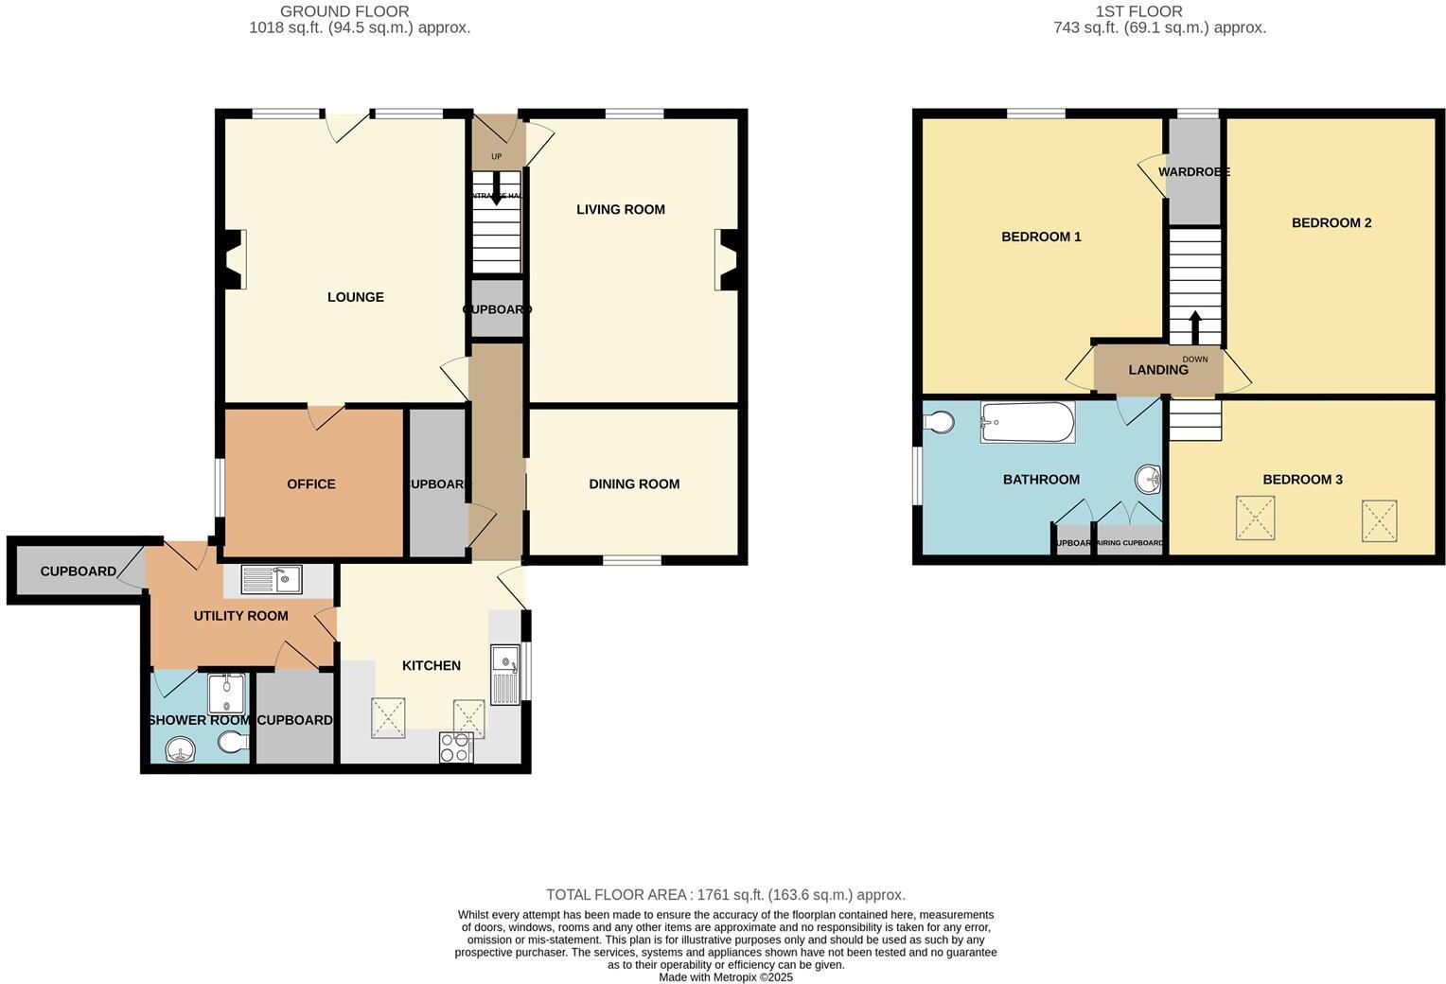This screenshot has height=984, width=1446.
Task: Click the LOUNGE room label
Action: [355, 297]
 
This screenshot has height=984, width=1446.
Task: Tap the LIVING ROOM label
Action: [621, 209]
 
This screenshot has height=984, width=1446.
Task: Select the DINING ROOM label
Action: [634, 483]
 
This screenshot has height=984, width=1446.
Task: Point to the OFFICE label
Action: [311, 483]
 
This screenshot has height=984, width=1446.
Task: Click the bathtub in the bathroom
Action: [1027, 422]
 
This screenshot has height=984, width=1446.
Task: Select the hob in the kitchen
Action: [455, 747]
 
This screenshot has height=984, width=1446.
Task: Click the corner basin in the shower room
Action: [179, 751]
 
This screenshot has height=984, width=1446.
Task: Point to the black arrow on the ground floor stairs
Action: [496, 192]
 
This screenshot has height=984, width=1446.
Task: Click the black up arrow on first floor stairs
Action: [1194, 327]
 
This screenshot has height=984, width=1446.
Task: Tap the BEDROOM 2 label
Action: [1331, 222]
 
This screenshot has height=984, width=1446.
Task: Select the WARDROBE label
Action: [1193, 172]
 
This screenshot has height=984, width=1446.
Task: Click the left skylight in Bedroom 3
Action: [1255, 518]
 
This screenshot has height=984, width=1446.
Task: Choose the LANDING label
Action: [1157, 370]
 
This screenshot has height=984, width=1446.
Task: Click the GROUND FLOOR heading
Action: [344, 11]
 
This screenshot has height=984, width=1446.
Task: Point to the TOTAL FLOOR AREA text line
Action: [725, 894]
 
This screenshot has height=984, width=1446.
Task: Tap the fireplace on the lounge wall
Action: [233, 260]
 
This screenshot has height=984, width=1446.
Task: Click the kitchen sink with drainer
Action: [505, 675]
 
